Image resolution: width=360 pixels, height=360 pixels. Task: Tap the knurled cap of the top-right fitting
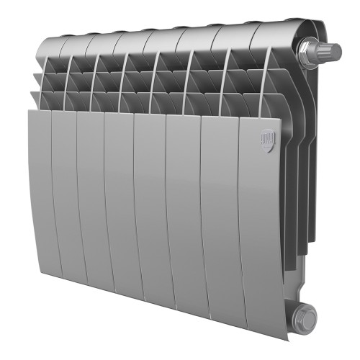pos(332,50)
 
